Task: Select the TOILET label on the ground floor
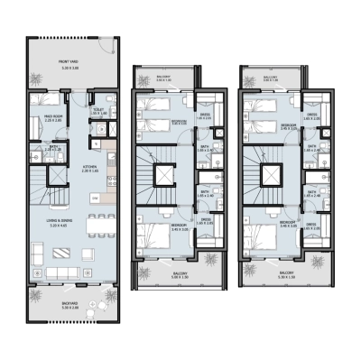[x=98, y=110]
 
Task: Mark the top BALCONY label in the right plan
[x=270, y=78]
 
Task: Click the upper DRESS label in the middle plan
[x=206, y=115]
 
